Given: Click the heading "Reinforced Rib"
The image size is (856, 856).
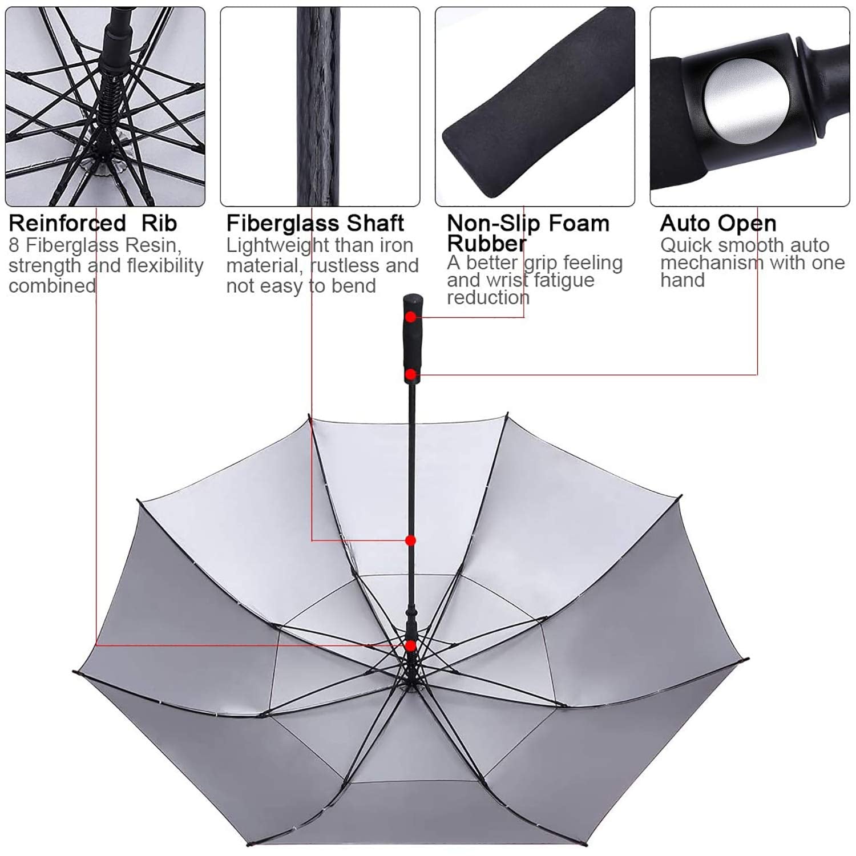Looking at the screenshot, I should pos(93,223).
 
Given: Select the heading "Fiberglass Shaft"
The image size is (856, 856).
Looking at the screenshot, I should pos(315,223).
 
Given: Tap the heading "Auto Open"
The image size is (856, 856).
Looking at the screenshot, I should pos(718,223).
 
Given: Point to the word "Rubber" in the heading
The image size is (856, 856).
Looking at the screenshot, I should pos(486,244).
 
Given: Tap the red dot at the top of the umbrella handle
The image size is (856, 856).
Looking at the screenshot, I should pos(410,317).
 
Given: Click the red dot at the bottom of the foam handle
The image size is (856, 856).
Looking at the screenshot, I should pos(410,375).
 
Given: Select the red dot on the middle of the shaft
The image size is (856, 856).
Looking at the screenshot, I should pos(410,540).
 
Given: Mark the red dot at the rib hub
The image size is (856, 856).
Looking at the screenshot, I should pos(410,645).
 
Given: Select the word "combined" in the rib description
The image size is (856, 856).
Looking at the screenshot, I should pos(52,285).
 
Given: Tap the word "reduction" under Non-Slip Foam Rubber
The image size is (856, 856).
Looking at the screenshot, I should pos(488,297).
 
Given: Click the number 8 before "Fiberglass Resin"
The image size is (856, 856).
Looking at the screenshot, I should pos(14,245).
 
